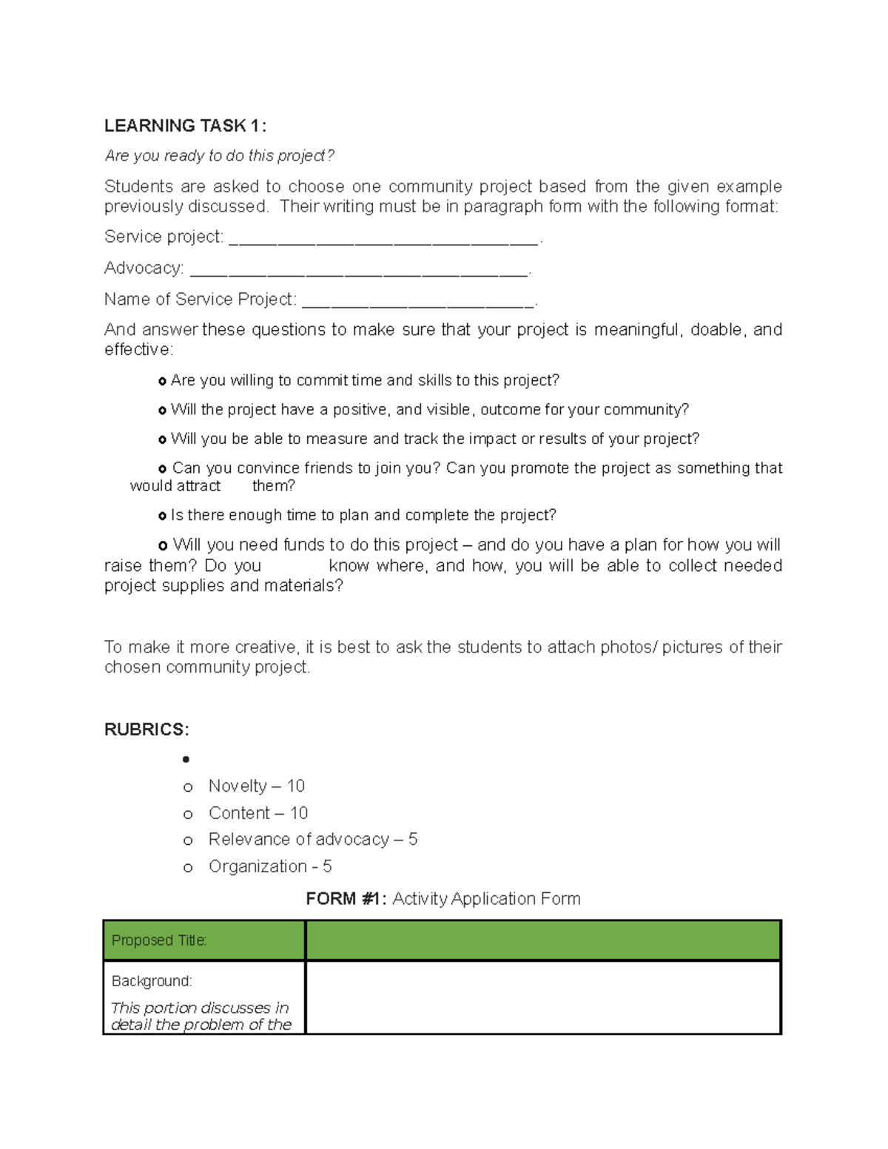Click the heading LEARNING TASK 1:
coord(185,126)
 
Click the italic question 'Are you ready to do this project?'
coord(219,155)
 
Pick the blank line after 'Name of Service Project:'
coord(418,301)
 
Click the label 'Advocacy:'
coord(144,268)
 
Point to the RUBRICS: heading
coord(147,730)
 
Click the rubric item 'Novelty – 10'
coord(256,786)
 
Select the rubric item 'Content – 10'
coord(258,813)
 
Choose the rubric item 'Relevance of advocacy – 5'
coord(312,839)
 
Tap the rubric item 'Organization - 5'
coord(269,866)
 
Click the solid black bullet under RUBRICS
coord(186,759)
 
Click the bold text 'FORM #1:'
coord(346,899)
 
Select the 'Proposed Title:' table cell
coord(203,940)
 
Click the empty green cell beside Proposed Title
coord(543,940)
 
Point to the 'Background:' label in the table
coord(152,981)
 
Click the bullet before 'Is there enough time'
coord(162,516)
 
